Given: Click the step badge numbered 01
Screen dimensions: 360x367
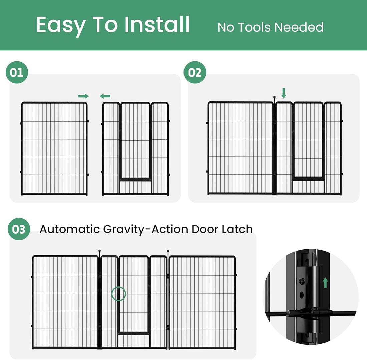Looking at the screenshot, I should pos(17,72).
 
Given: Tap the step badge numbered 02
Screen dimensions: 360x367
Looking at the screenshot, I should pos(195,72).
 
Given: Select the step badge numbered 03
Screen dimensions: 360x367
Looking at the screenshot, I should pos(19,229).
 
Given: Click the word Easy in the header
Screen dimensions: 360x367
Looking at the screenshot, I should pos(60,25).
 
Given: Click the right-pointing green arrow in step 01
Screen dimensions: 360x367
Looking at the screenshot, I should pos(83,96).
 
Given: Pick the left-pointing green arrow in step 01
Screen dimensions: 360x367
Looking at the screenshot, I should pos(105,96).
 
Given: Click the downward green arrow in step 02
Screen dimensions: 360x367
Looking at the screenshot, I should pos(284,93).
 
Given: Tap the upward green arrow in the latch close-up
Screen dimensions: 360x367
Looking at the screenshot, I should pos(325,283).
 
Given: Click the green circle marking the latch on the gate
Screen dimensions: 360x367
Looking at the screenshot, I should pos(118,294).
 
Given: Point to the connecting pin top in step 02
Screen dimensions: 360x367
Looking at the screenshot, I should pos(274,97).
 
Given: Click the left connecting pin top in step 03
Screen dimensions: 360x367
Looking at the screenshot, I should pos(99,251).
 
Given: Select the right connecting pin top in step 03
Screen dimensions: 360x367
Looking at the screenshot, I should pos(168,251).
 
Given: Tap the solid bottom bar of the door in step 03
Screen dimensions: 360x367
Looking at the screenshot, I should pos(133,333).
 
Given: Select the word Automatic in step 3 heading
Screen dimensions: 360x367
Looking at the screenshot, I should pos(70,229).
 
